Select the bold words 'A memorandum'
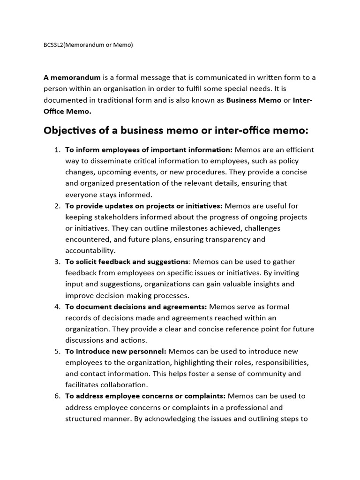tap(72, 77)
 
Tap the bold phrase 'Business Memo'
tap(254, 100)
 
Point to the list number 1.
tap(57, 150)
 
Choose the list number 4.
tap(57, 307)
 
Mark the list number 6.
tap(57, 396)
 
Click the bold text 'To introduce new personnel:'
tap(116, 351)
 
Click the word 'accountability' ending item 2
tap(90, 250)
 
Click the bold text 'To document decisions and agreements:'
tap(136, 307)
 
